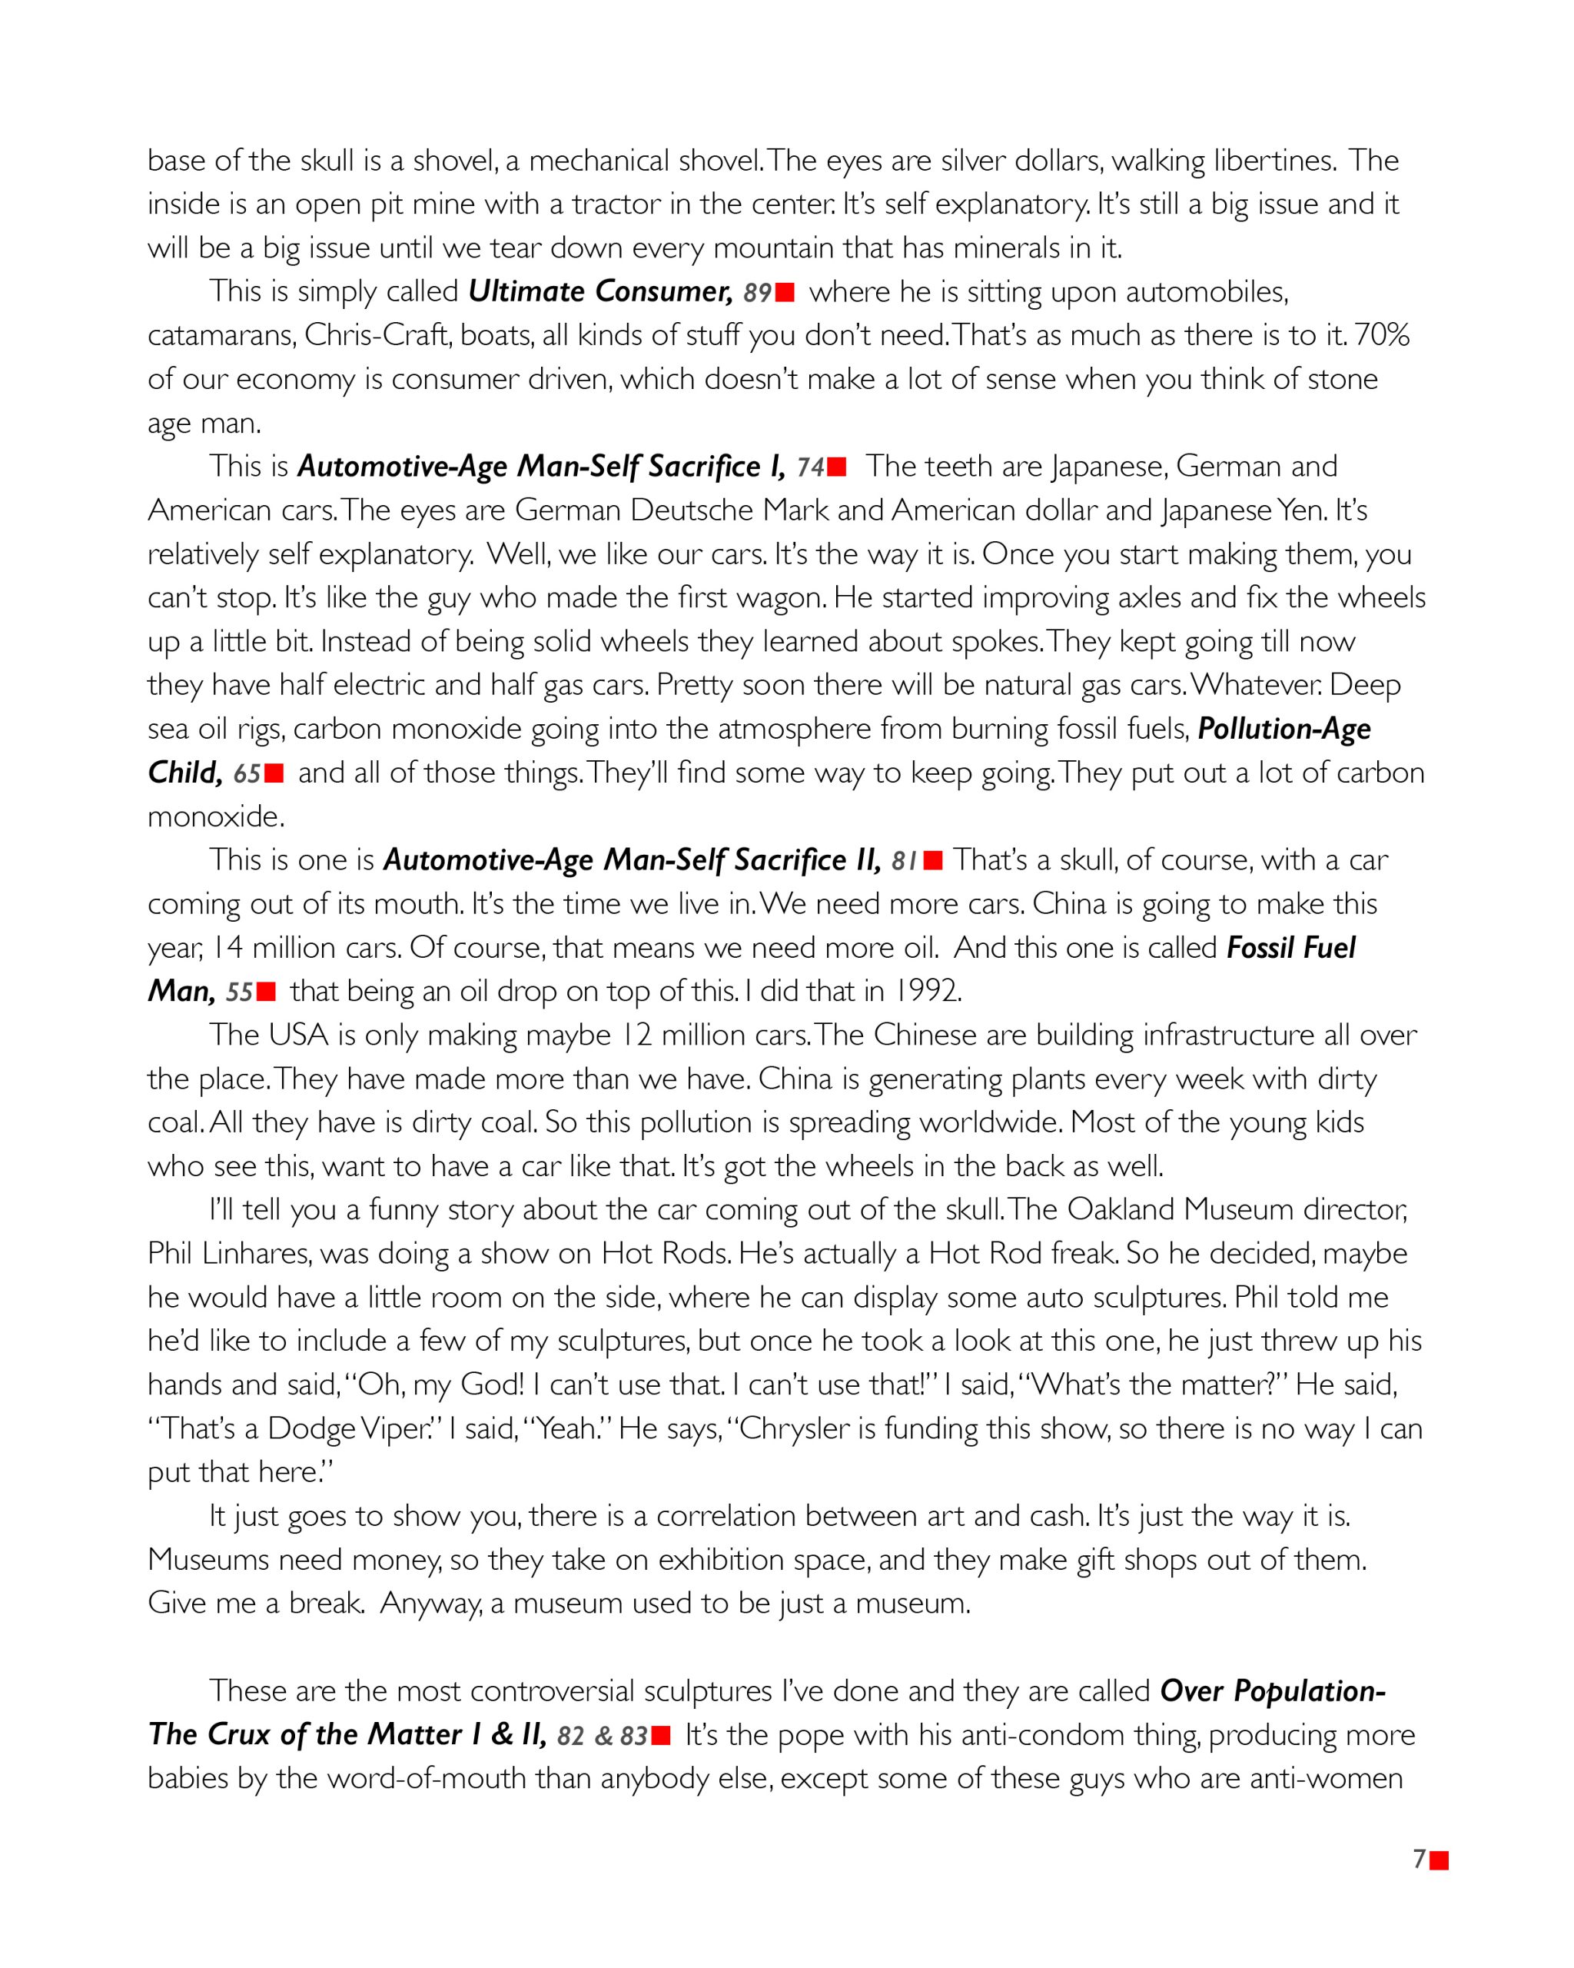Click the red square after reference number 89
785,293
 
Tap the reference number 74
810,468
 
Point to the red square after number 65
274,774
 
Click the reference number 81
905,862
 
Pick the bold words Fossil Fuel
1290,949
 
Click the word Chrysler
794,1428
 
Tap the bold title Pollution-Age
1283,730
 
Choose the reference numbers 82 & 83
603,1736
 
